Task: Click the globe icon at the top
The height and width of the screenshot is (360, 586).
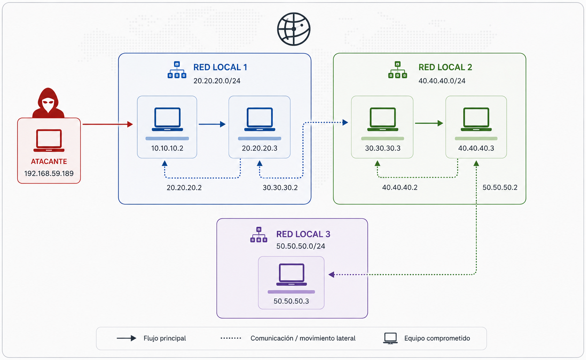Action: [293, 29]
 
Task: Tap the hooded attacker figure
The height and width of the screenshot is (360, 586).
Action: [48, 103]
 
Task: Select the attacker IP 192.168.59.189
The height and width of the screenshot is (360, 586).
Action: [49, 174]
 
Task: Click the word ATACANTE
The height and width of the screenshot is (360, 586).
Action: [49, 162]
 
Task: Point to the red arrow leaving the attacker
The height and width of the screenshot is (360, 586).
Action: [108, 124]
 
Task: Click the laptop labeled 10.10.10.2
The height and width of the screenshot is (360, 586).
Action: [167, 119]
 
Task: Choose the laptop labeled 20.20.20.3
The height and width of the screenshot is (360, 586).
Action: [260, 119]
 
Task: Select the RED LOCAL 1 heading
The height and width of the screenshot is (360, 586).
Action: [220, 67]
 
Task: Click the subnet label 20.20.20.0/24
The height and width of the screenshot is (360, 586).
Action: [217, 81]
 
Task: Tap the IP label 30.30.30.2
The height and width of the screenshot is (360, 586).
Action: [280, 188]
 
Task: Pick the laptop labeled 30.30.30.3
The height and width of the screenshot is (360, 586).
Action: [383, 119]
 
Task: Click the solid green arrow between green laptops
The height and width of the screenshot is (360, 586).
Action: [429, 123]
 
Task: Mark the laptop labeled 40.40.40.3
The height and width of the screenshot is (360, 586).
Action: [476, 119]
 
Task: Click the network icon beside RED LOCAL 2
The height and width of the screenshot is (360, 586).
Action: [398, 70]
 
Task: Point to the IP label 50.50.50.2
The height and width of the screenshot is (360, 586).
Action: [500, 188]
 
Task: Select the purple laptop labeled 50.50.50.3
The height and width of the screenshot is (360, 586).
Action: [292, 275]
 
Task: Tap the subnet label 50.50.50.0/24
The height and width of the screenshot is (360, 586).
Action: [301, 246]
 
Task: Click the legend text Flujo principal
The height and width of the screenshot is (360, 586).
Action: [165, 338]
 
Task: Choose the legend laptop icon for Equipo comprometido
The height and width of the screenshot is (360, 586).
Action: [390, 338]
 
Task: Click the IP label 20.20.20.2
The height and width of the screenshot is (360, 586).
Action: [184, 188]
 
